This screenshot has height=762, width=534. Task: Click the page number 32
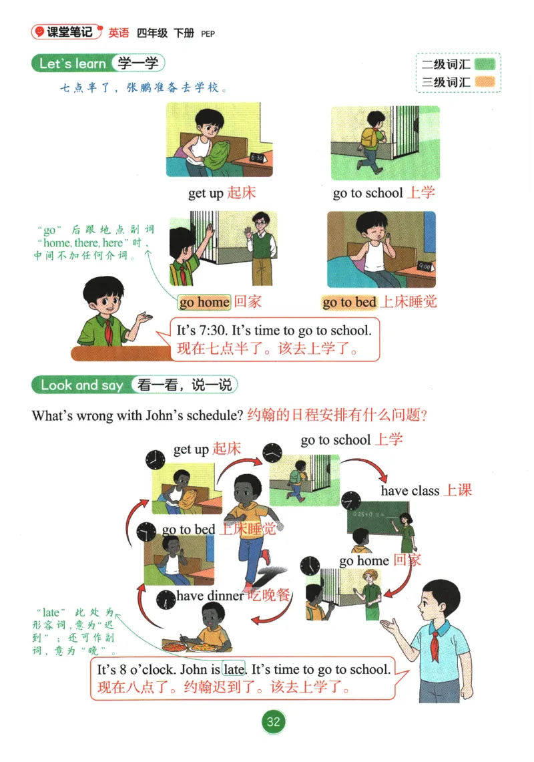point(274,721)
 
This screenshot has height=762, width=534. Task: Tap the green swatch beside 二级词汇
point(485,64)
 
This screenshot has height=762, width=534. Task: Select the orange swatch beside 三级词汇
point(485,81)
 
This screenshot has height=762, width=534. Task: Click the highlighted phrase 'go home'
point(204,303)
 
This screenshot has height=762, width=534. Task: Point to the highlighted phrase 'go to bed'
point(349,303)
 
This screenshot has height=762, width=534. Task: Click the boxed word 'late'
point(234,669)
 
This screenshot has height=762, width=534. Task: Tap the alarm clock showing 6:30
point(258,158)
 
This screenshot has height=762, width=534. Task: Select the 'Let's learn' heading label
point(72,63)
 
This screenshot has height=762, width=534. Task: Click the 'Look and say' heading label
point(81,385)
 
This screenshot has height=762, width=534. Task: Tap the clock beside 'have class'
point(351,501)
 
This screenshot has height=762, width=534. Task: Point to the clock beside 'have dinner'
point(166,599)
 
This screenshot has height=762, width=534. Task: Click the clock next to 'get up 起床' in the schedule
point(155,459)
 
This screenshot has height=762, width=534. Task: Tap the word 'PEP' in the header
point(208,34)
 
